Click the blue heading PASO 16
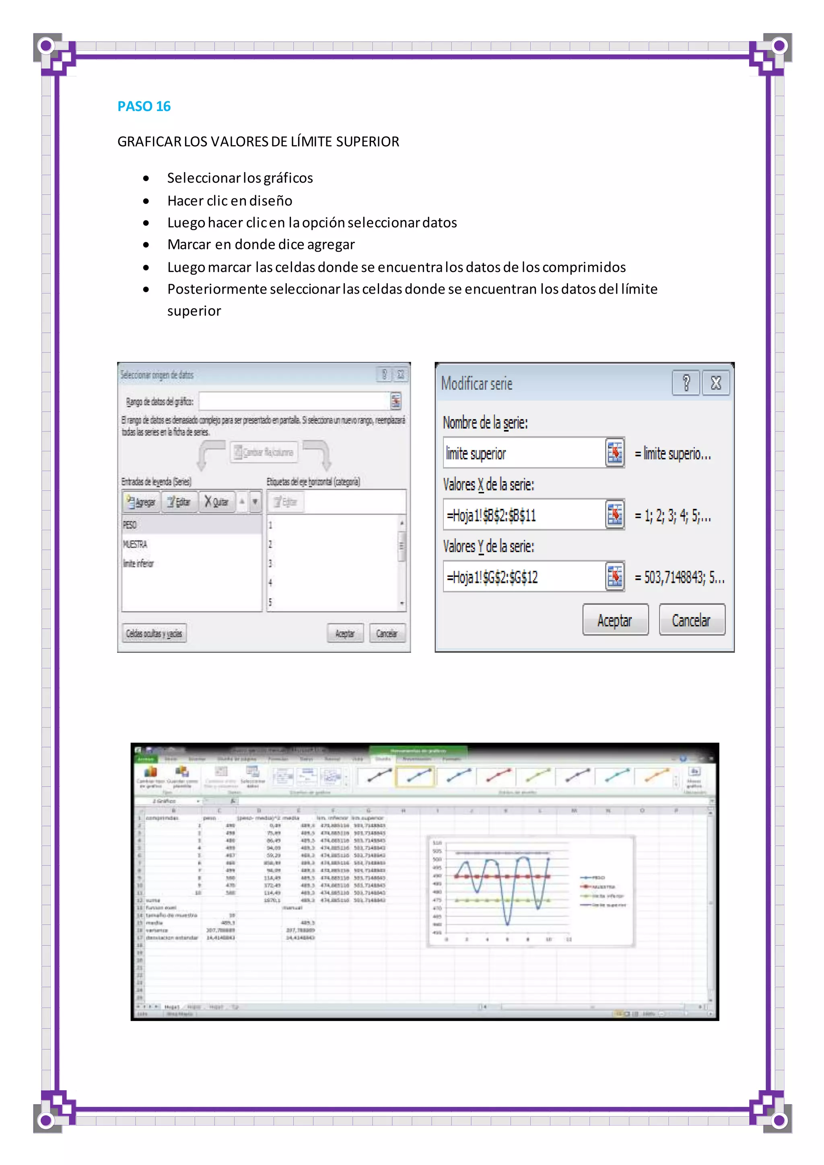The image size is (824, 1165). [x=144, y=106]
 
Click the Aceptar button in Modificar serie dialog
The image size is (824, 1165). [x=615, y=620]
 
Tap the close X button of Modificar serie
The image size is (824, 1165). [x=715, y=383]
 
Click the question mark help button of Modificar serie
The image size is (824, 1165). [x=686, y=383]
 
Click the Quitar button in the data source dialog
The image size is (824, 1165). [x=216, y=502]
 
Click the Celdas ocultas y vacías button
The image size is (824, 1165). [x=154, y=633]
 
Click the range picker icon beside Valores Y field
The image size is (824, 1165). [x=615, y=576]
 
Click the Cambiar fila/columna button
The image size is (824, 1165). [x=264, y=452]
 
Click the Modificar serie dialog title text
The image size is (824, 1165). [x=476, y=384]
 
